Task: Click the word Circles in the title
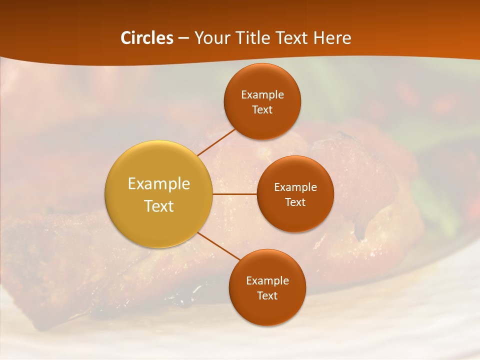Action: [x=146, y=38]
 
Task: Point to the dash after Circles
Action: [x=183, y=38]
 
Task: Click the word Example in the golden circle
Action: [x=159, y=184]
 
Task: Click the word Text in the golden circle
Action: [x=159, y=206]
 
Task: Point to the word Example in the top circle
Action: [x=262, y=95]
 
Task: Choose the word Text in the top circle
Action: [x=262, y=110]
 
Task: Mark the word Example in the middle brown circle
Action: [x=295, y=187]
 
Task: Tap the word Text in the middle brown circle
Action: [x=295, y=202]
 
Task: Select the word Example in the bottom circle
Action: [x=267, y=281]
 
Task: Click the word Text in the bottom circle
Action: [x=267, y=295]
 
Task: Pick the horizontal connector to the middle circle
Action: [x=235, y=193]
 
